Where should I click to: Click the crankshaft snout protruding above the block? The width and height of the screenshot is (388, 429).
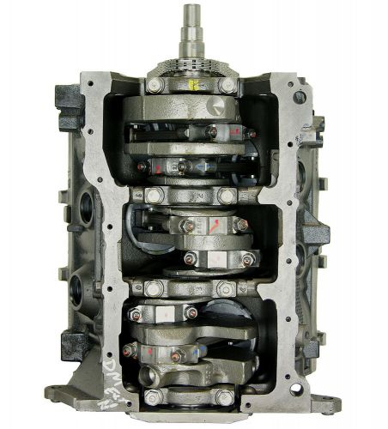click(x=191, y=26)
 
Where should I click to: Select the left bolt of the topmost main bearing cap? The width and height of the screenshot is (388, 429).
click(x=154, y=85)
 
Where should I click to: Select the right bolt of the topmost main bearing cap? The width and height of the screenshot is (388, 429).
click(x=227, y=85)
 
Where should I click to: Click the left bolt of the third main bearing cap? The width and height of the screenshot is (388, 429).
click(x=154, y=287)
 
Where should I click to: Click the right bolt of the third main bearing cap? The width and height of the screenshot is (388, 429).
click(x=228, y=287)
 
